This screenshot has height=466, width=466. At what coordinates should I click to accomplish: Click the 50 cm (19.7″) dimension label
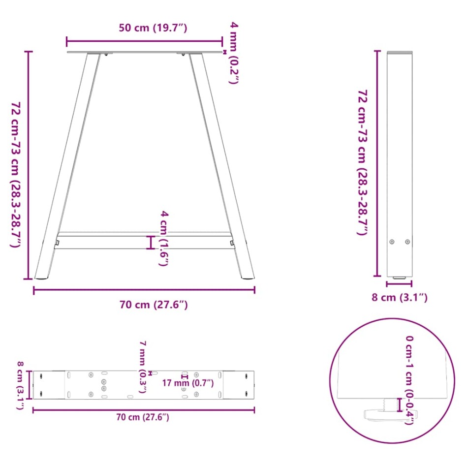[x=153, y=28]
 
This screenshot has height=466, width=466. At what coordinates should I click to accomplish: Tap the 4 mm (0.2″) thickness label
[x=234, y=52]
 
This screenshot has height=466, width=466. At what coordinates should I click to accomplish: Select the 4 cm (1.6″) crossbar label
[x=164, y=238]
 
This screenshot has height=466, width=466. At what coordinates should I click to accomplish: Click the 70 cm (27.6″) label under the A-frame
[x=153, y=305]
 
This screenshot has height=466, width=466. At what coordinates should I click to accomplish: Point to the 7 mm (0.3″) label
[x=142, y=366]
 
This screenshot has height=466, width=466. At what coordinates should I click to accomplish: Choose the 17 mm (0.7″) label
[x=188, y=383]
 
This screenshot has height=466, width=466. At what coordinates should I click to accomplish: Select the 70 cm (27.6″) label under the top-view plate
[x=143, y=417]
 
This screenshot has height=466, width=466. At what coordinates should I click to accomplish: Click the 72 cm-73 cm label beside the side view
[x=362, y=162]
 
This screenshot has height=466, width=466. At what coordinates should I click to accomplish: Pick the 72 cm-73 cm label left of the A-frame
[x=15, y=167]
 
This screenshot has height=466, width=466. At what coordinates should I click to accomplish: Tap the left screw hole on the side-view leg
[x=392, y=242]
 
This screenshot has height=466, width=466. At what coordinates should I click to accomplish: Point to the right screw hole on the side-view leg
[x=407, y=242]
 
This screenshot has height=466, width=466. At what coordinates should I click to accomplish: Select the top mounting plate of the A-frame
[x=145, y=53]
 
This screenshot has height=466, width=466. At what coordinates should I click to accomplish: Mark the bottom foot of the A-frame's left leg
[x=42, y=277]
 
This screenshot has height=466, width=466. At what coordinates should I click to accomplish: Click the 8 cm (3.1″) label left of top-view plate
[x=20, y=385]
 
